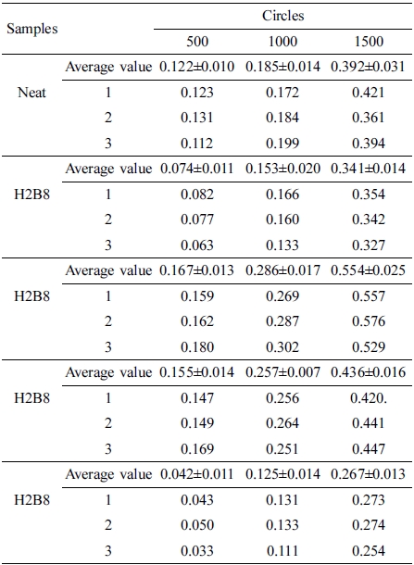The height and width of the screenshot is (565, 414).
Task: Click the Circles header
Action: coord(282,16)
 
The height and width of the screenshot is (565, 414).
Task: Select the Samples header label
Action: coord(32,29)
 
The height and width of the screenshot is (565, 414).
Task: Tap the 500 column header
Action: coord(197,42)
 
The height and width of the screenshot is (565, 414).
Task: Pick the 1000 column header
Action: coord(282,42)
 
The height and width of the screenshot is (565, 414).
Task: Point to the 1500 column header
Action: coord(369,42)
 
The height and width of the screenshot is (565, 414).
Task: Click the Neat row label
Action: coord(32,93)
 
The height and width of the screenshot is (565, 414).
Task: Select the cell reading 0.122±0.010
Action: coord(196,67)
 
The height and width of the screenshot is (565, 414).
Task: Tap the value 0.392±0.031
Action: coord(368,67)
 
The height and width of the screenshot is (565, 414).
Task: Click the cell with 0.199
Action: coord(282,144)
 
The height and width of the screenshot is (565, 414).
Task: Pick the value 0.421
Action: coord(369,93)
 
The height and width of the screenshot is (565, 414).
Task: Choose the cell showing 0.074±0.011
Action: coord(196,169)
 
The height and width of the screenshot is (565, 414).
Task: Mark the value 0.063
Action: coord(197,245)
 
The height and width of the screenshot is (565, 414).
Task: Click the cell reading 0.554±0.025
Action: coord(368,270)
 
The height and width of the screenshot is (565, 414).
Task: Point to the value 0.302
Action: coord(282,347)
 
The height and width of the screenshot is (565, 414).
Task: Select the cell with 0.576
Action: coord(369,321)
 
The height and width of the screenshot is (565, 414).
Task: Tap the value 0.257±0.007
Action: coord(282,372)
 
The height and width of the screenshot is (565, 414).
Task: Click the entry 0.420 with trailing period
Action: coord(369,398)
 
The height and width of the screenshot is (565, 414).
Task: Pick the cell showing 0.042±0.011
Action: coord(196,474)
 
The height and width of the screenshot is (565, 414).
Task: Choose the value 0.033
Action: coord(197,551)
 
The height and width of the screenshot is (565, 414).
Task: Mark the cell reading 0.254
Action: coord(369,551)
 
